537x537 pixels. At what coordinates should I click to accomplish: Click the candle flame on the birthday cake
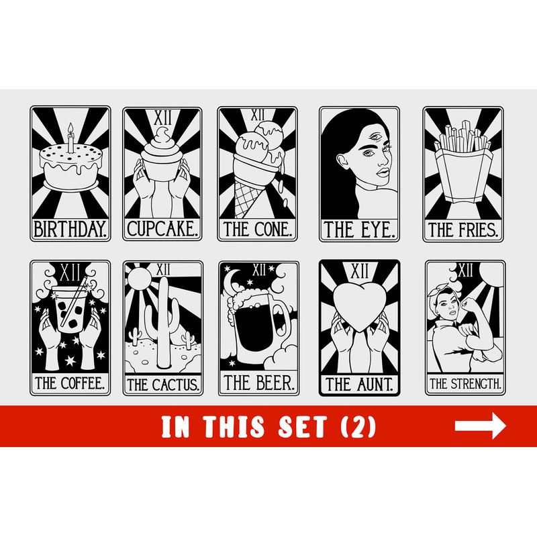(70, 128)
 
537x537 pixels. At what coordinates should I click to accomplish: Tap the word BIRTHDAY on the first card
(70, 229)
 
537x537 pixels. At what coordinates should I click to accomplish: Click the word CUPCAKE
(162, 229)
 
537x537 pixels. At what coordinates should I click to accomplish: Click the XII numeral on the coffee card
(70, 273)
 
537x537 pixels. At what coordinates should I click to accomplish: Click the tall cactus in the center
(163, 322)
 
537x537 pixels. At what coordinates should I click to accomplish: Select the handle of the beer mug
(282, 321)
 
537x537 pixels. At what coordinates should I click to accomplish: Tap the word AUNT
(375, 384)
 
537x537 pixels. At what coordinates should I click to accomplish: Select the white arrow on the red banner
(480, 426)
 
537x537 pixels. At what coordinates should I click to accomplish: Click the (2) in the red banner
(358, 427)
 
